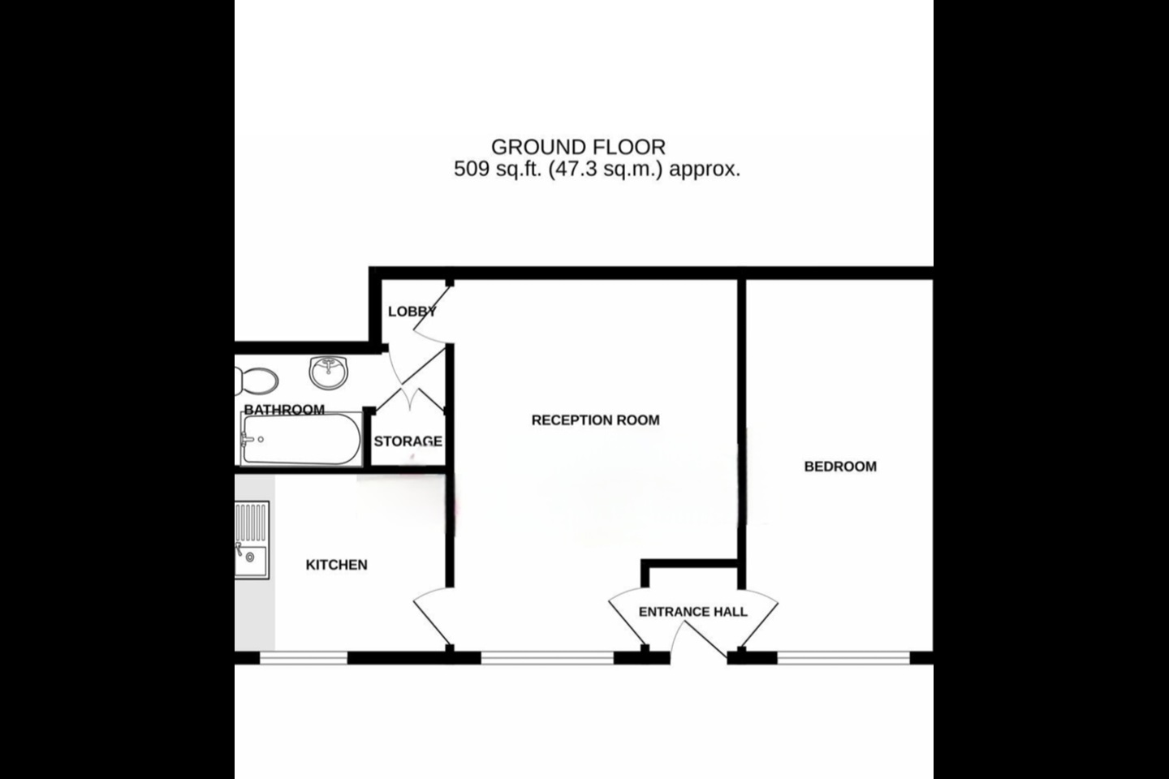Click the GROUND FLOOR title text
(578, 147)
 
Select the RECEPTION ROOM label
(595, 420)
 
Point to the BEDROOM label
(840, 467)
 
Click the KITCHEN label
(336, 565)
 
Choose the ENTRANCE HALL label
(692, 612)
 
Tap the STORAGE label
(408, 441)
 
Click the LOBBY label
(412, 312)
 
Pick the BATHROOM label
(284, 410)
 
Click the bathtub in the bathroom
(300, 440)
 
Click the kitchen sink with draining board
(252, 540)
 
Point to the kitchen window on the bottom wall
(303, 657)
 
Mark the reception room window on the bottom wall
(547, 657)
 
